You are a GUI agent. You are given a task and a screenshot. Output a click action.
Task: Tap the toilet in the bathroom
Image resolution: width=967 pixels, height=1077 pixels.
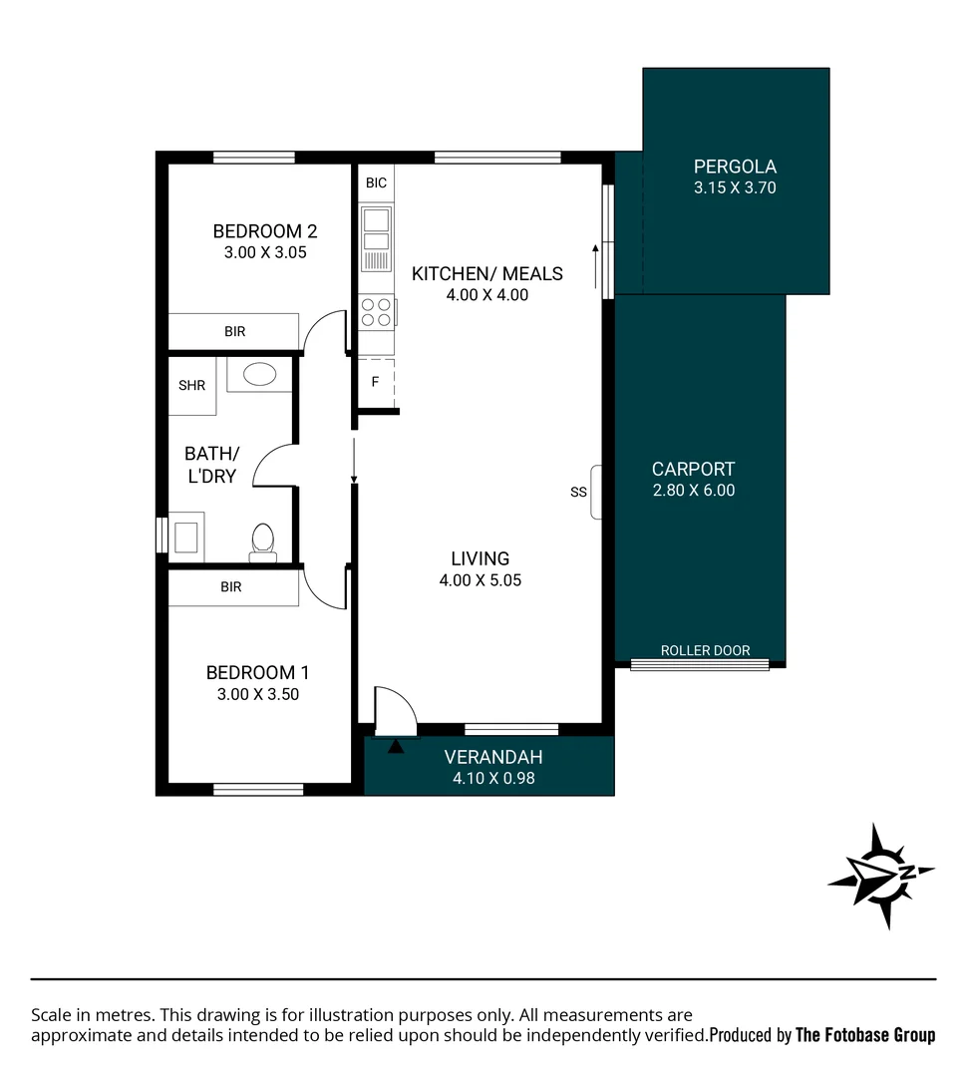click(263, 541)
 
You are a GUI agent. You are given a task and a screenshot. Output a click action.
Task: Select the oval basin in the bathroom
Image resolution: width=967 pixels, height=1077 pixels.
click(260, 375)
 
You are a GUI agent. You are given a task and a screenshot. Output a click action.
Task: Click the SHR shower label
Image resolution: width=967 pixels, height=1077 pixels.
click(191, 385)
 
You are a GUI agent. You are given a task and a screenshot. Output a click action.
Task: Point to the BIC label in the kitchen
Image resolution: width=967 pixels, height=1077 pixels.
click(376, 183)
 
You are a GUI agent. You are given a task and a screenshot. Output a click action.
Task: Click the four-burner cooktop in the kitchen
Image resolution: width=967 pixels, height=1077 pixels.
click(376, 312)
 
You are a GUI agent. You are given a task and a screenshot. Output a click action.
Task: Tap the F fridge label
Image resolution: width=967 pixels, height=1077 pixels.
click(375, 382)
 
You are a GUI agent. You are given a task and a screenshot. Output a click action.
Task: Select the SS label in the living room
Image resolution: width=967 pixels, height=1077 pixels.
click(578, 492)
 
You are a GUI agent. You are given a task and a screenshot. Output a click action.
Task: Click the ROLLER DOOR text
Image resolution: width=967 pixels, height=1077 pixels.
click(705, 650)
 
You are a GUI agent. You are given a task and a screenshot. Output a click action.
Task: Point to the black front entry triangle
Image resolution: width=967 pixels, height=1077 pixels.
click(396, 745)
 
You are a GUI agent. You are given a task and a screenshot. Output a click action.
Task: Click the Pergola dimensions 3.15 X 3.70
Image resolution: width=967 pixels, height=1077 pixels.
click(735, 187)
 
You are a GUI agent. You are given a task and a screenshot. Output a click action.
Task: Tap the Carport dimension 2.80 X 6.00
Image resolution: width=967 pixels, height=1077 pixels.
click(694, 491)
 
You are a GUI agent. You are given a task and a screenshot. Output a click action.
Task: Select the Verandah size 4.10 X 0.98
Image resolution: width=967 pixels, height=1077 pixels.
click(493, 778)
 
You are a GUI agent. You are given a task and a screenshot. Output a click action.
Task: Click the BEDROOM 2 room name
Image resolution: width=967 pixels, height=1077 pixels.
click(265, 231)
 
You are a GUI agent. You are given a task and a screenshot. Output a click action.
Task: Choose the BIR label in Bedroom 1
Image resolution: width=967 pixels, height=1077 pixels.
click(231, 587)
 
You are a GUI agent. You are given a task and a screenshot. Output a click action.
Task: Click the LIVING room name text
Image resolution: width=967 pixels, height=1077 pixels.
click(480, 558)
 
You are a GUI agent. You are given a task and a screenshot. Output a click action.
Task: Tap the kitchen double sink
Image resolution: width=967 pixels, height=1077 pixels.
click(376, 229)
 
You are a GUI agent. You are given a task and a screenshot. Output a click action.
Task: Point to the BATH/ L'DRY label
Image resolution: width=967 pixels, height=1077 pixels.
click(211, 465)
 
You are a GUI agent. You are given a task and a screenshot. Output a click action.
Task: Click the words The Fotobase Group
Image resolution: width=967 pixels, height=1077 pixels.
click(865, 1035)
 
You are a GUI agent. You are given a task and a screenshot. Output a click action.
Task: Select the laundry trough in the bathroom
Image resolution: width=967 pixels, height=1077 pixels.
click(186, 534)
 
